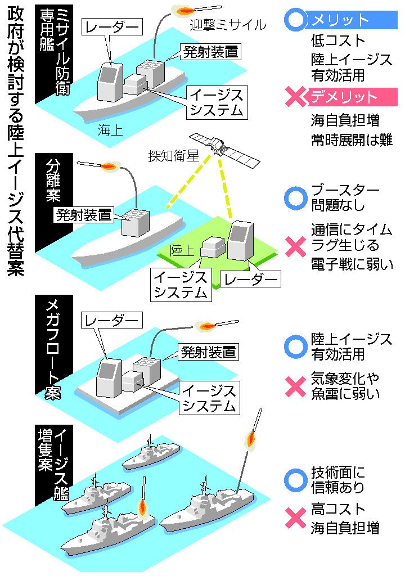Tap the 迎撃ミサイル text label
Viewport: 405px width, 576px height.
click(228, 25)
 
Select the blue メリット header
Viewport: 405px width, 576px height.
click(341, 20)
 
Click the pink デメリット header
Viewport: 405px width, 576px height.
click(341, 97)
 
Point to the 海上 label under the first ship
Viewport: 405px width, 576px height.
click(110, 130)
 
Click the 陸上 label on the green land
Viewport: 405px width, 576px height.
click(182, 250)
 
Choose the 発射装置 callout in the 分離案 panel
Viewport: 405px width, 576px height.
click(83, 215)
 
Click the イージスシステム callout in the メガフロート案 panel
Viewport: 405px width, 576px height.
click(209, 398)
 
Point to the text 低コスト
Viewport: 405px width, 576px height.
click(337, 40)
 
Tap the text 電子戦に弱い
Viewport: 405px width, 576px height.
click(352, 264)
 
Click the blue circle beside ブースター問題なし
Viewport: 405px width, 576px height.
click(295, 197)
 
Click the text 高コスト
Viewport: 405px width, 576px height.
click(338, 509)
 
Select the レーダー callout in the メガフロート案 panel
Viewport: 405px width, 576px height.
click(111, 321)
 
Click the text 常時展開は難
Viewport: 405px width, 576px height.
click(352, 139)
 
